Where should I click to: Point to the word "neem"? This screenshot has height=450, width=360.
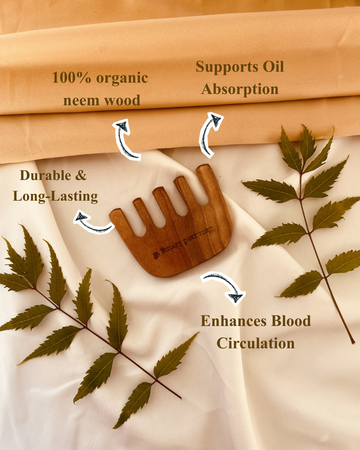tap(84, 101)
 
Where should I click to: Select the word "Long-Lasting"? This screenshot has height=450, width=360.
tap(55, 197)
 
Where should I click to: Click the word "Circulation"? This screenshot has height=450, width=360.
tap(255, 343)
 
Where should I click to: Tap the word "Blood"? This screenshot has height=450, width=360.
tap(288, 321)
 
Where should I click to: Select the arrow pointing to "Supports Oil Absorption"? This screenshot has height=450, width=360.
tap(209, 134)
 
